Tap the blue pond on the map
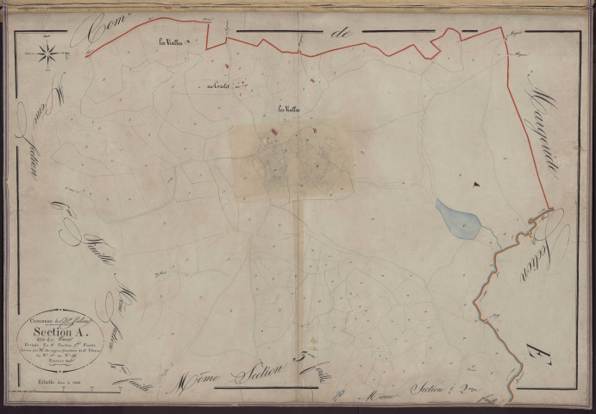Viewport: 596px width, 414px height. [457, 220]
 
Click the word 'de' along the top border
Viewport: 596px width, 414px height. [343, 34]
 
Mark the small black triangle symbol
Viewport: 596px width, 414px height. [474, 183]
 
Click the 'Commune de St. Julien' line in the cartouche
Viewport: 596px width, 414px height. [57, 317]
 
